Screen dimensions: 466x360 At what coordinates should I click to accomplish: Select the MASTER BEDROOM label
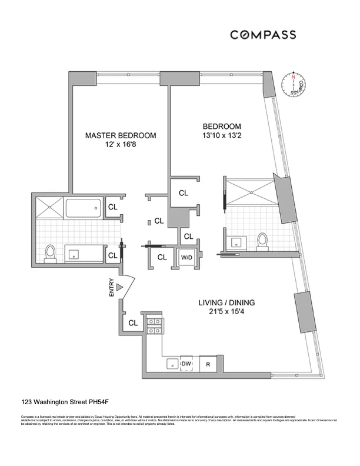pos(121,135)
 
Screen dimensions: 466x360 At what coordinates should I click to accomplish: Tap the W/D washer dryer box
pos(186,257)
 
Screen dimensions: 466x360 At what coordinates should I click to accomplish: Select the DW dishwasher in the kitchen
pos(186,364)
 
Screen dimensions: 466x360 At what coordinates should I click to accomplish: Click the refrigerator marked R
pos(208,364)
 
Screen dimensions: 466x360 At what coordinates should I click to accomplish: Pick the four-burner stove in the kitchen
pos(154,325)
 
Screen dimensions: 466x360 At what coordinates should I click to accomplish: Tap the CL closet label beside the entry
pos(133,322)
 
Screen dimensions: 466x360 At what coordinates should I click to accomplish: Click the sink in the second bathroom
pos(239,241)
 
